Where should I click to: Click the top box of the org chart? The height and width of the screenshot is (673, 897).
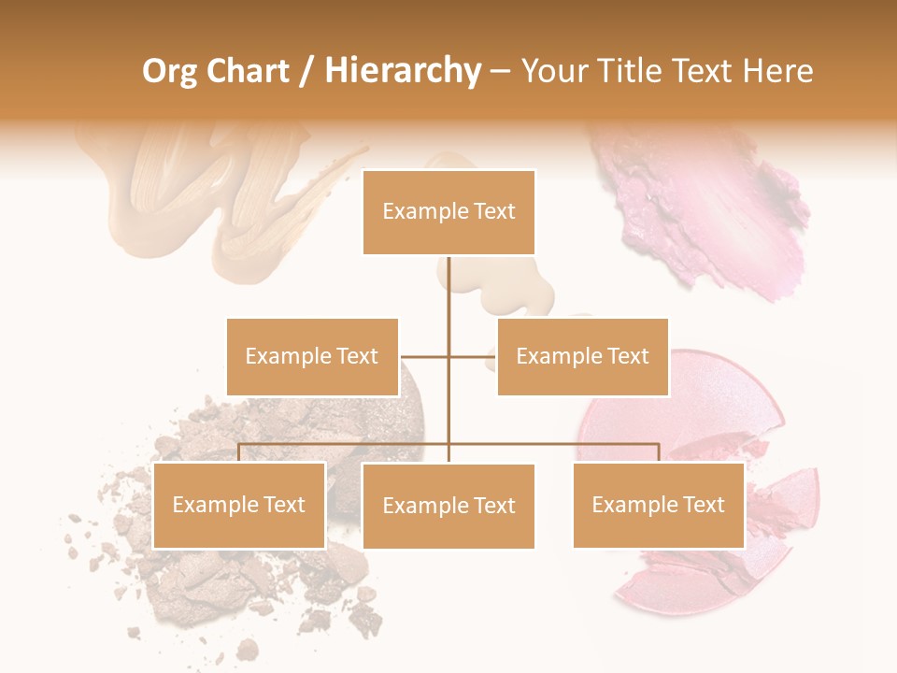tap(448, 212)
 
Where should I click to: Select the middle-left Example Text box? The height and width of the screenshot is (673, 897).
tap(312, 356)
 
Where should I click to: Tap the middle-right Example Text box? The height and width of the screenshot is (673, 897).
tap(582, 356)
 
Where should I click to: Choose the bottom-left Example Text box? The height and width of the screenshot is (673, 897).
tap(239, 505)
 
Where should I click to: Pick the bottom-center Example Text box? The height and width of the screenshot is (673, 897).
tap(448, 506)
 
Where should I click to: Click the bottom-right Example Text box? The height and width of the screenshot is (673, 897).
tap(658, 505)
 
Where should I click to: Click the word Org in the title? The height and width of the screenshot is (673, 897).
tap(169, 71)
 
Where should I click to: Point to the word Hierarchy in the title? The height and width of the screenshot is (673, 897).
tap(402, 71)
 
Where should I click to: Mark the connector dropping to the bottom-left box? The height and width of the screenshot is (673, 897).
tap(239, 452)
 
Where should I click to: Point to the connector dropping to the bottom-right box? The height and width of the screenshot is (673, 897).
tap(659, 452)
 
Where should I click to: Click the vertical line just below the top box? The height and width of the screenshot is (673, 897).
tap(448, 280)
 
